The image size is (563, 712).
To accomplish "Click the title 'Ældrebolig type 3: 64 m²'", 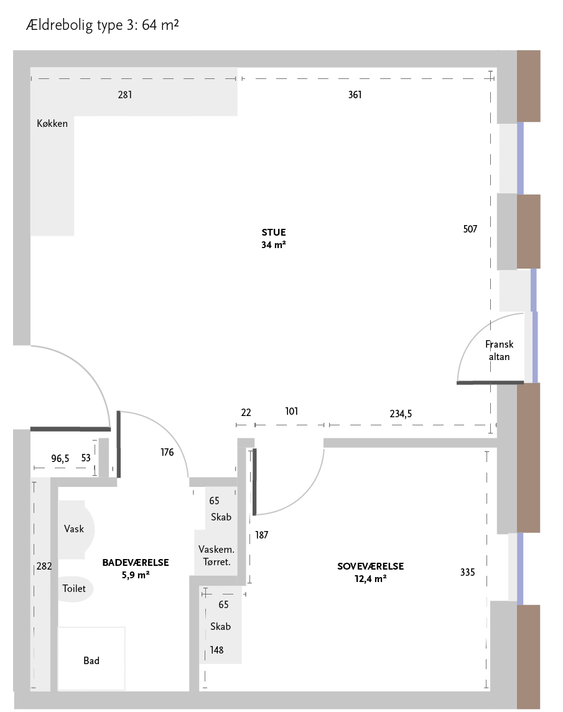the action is coord(102,24).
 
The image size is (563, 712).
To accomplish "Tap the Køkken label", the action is coord(52,124).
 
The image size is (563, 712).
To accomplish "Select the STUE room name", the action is coord(274,233).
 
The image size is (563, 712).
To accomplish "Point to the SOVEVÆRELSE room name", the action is coord(370,566).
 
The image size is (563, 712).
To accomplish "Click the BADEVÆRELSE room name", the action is coord(136,563).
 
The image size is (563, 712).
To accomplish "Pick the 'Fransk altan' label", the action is coord(500,351).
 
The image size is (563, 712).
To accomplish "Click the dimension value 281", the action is coord(125,95).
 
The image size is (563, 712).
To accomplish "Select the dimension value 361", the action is coord(355,95).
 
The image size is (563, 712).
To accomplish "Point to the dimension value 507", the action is coord(470,229).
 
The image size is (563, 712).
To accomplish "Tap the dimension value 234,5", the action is coord(401,414).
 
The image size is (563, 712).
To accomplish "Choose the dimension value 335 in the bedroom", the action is coord(468,572).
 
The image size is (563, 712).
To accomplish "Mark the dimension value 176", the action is coord(167,452).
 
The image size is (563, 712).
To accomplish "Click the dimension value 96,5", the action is coord(60,459).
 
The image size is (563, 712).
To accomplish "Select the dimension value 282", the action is coord(44,566).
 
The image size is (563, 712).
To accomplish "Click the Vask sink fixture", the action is coord(76,529).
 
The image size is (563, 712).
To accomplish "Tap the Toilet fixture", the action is coord(75,589).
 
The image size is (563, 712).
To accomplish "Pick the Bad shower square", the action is coord(91,659).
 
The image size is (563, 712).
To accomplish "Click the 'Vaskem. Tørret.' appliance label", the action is coord(216,555).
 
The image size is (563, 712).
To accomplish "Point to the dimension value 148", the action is coord(216,650).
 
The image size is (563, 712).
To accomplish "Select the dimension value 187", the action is coord(262,535).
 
